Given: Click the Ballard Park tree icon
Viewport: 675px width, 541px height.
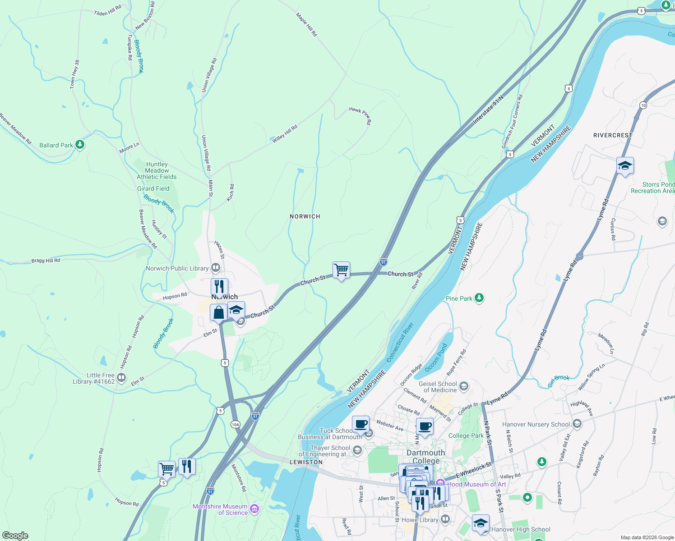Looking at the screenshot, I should pos(80,145).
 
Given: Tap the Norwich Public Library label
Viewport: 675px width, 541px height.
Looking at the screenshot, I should pos(177,268).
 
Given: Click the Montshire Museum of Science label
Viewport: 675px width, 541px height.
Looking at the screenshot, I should pos(220,509).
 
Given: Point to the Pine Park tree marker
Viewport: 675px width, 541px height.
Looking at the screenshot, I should pos(479,298).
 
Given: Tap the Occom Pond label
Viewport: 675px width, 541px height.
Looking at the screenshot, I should pos(436,355).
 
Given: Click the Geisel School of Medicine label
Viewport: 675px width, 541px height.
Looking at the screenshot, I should pos(438,387).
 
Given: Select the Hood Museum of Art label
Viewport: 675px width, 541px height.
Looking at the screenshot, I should pos(476,484).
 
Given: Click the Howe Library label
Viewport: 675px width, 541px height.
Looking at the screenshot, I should pos(420,520).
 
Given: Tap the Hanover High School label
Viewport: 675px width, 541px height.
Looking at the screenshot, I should pos(521,529).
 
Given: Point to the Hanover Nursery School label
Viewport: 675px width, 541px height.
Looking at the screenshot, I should pos(536,424).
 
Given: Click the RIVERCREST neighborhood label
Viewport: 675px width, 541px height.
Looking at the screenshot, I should pos(613,135).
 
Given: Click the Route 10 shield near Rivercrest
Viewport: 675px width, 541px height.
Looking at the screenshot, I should pos(643,105).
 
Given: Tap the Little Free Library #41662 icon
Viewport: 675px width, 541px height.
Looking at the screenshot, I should pos(121,377).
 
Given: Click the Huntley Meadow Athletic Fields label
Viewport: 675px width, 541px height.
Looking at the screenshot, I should pos(157,170).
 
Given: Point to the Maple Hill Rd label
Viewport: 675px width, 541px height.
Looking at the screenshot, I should pos(306,24).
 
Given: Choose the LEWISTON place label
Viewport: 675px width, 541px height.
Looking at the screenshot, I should pos(306,462).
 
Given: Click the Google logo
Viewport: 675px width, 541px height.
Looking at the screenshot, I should pos(15,536).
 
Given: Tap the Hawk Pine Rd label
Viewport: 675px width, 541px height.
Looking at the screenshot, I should pos(360,115).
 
